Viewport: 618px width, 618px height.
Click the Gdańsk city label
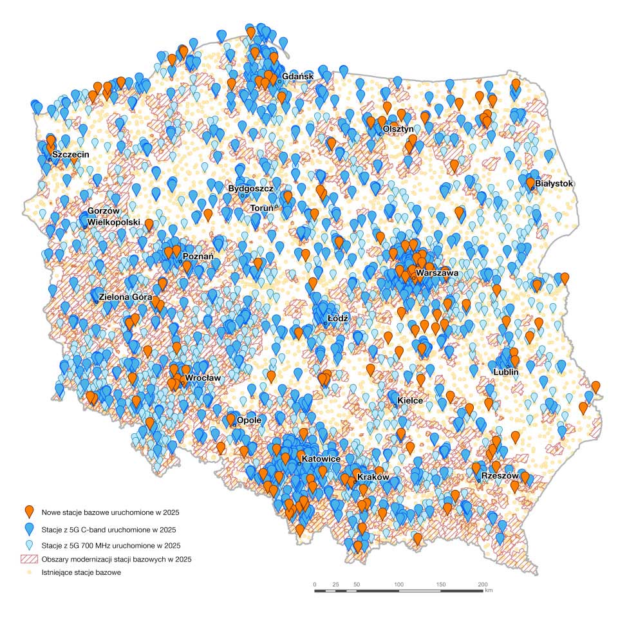coord(297,77)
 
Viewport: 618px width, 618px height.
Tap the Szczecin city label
coord(71,155)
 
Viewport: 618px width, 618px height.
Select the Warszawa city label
coord(437,274)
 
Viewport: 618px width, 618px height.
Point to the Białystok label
coord(554,183)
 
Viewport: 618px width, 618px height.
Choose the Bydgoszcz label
coord(251,189)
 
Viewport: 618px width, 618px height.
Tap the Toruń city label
coord(262,208)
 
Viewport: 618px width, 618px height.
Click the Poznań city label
coord(198,256)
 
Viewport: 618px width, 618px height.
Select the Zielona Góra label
coord(125,297)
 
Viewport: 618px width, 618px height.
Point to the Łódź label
coord(337,319)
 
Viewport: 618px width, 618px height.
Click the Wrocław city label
coord(203,379)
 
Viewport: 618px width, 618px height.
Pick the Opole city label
coord(249,420)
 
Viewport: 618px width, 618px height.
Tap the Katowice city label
coord(321,459)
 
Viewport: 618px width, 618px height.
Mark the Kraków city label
coord(373,478)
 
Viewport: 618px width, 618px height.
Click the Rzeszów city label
coord(500,476)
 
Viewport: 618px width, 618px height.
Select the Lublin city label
coord(505,372)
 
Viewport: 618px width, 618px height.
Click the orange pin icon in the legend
coord(28,512)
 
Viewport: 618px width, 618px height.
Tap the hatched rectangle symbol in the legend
coord(28,559)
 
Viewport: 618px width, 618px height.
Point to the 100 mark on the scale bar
coord(398,584)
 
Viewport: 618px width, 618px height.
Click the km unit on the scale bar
coord(489,590)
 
